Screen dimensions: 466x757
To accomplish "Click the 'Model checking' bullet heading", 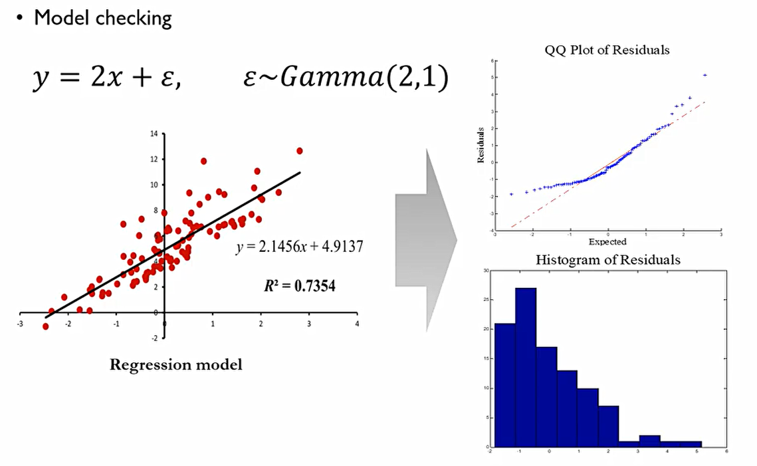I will [x=102, y=18].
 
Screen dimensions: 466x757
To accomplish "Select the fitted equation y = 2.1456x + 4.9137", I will [x=298, y=247].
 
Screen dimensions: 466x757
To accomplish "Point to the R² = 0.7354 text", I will [x=299, y=287].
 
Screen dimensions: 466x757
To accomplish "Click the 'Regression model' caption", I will [x=175, y=364].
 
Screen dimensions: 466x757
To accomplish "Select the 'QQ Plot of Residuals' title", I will [x=607, y=50].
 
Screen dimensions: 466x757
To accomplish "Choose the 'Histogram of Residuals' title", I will [x=607, y=260].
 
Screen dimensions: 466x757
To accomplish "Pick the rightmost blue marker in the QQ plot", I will [x=704, y=75].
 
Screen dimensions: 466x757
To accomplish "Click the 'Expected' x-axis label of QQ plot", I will [x=607, y=242].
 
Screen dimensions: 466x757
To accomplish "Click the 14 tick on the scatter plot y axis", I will [x=155, y=134].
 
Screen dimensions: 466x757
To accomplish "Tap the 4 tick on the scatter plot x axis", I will [x=358, y=324].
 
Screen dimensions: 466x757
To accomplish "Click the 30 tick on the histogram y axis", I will [x=486, y=271].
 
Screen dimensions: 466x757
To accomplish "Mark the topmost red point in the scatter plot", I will [x=299, y=151].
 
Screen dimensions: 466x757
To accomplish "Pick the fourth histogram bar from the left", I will [x=567, y=408].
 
